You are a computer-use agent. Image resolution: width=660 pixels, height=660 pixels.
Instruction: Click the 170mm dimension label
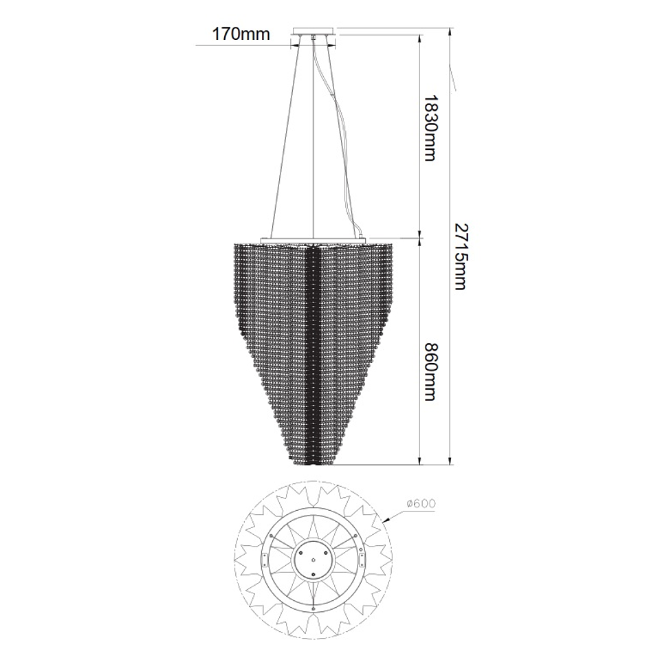click(241, 34)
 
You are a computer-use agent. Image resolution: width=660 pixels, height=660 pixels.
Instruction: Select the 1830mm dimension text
click(429, 128)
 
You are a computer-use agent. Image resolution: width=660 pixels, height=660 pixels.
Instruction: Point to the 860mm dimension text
click(429, 373)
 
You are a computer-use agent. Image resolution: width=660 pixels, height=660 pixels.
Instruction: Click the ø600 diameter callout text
click(421, 503)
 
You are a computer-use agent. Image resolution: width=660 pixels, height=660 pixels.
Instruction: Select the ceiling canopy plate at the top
click(313, 31)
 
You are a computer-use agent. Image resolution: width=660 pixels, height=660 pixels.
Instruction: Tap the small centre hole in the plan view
click(313, 560)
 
